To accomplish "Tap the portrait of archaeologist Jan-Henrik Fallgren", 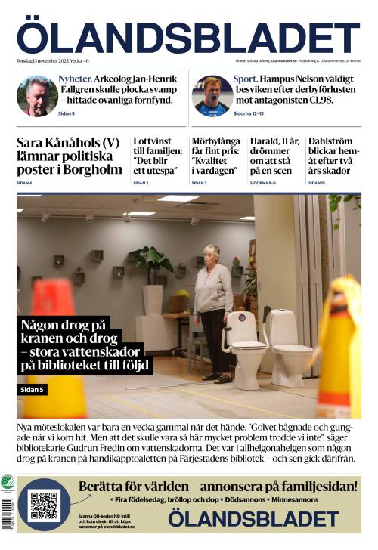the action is pos(37,96).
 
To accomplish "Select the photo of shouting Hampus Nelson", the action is pos(212,96).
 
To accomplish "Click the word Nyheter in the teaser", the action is pos(76,79).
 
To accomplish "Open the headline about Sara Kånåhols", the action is pos(68,156).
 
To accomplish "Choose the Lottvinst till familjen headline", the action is pos(158,156).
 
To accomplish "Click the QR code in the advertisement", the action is pos(44,505).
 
